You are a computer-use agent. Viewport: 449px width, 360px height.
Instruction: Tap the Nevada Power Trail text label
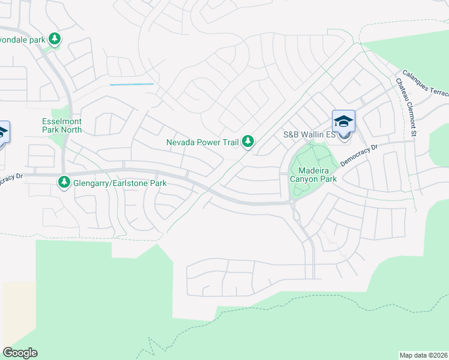click(203, 143)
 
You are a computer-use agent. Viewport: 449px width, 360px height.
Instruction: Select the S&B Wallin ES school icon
click(343, 121)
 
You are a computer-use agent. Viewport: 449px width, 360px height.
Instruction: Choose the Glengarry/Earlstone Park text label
click(119, 184)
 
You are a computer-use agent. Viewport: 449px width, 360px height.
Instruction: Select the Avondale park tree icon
click(55, 39)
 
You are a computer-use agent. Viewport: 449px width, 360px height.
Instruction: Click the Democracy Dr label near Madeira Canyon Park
click(359, 155)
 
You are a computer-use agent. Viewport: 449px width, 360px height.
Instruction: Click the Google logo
click(20, 353)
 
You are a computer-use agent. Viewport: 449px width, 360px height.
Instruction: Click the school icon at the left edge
click(2, 133)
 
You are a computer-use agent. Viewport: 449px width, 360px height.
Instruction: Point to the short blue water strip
click(131, 85)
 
